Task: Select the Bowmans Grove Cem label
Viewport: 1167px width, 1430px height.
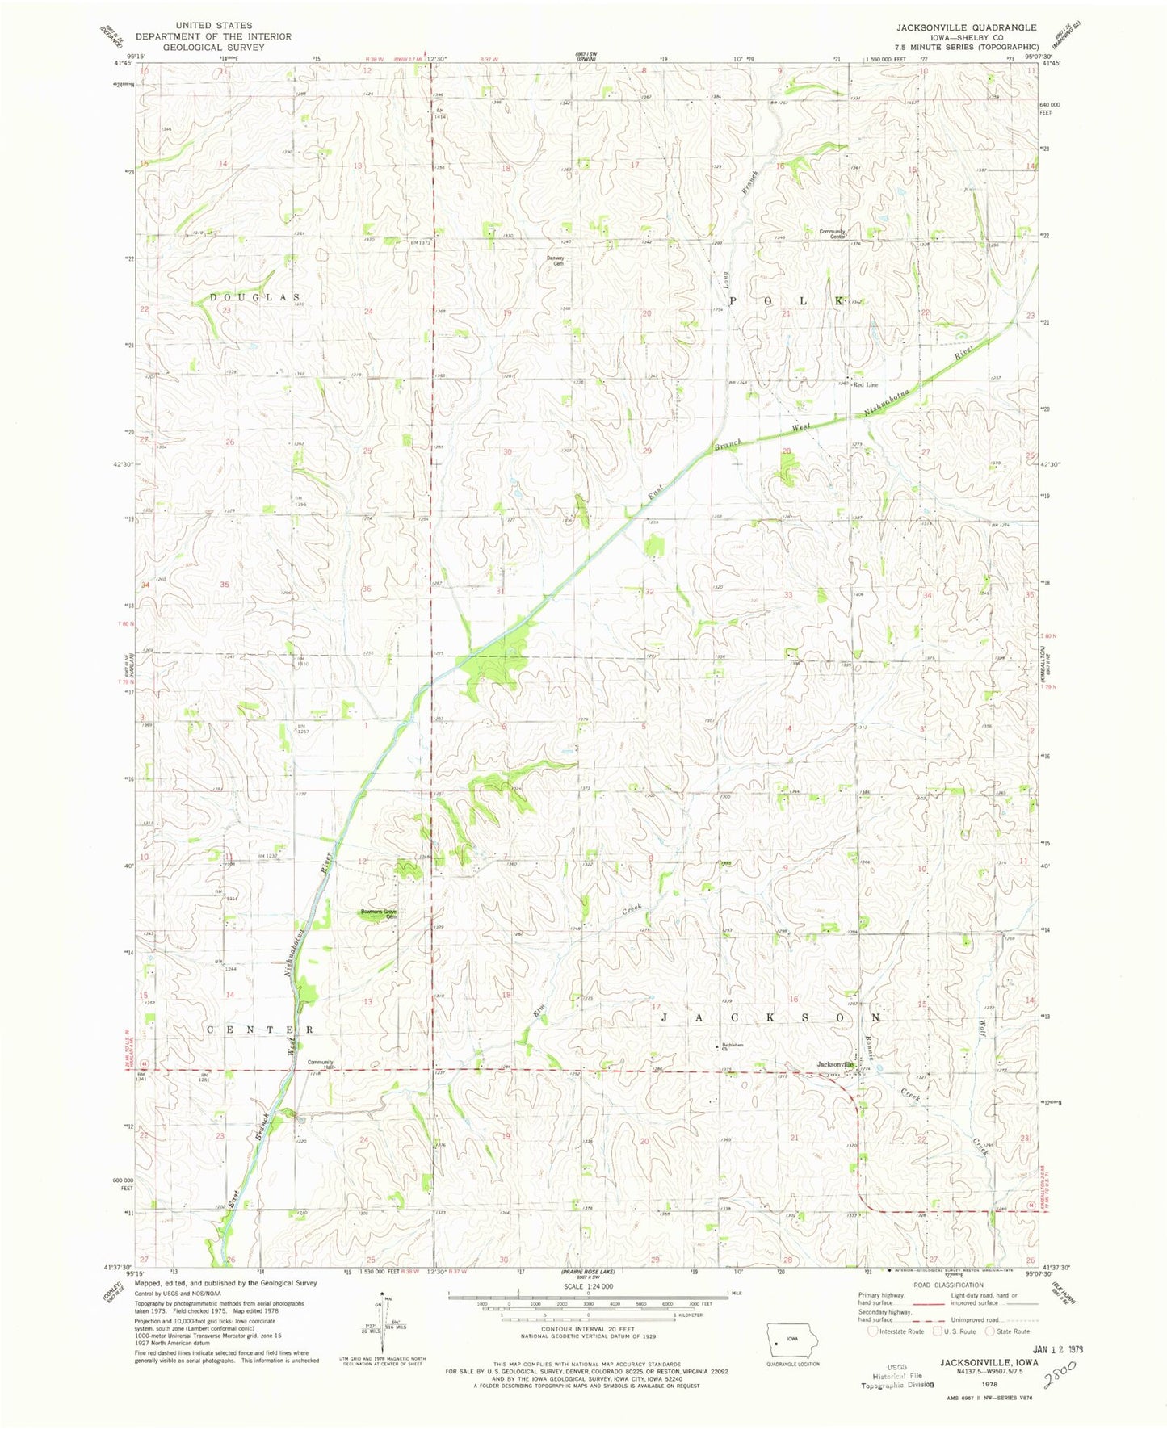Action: coord(380,914)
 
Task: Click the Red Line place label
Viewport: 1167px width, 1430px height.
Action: coord(866,384)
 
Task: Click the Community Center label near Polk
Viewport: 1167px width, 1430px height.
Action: coord(833,233)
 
